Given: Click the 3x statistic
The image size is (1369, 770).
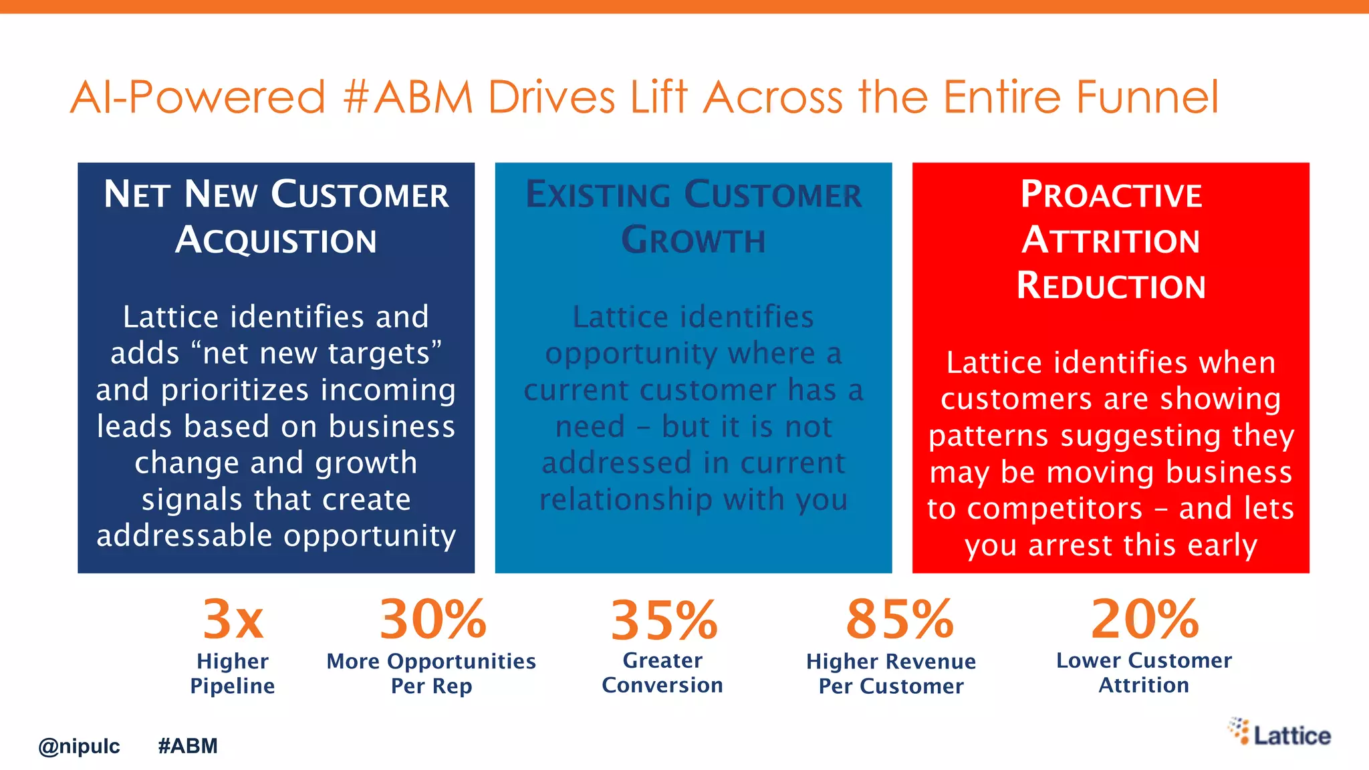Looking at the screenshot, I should (x=233, y=620).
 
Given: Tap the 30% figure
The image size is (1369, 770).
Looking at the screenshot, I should (x=433, y=620).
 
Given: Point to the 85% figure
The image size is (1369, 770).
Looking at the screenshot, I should (x=899, y=620).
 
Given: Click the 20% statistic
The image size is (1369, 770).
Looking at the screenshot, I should (x=1144, y=620).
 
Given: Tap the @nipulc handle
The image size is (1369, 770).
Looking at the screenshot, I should (x=79, y=746).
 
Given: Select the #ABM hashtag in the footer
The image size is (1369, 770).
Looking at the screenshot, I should (x=188, y=746).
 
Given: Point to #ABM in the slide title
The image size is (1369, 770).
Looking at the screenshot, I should (x=408, y=98).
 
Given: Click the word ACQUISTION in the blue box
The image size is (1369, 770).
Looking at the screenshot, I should (x=276, y=241).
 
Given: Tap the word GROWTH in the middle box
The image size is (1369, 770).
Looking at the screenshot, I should (x=693, y=241).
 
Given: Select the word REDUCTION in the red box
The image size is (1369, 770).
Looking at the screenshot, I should (x=1111, y=286).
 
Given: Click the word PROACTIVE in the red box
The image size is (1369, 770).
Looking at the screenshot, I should (x=1111, y=195).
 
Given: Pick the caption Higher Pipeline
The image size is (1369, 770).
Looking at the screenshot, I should (x=233, y=673).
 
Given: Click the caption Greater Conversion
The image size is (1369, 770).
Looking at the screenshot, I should (x=662, y=672).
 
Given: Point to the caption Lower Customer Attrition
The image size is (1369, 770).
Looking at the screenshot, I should (x=1144, y=672).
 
